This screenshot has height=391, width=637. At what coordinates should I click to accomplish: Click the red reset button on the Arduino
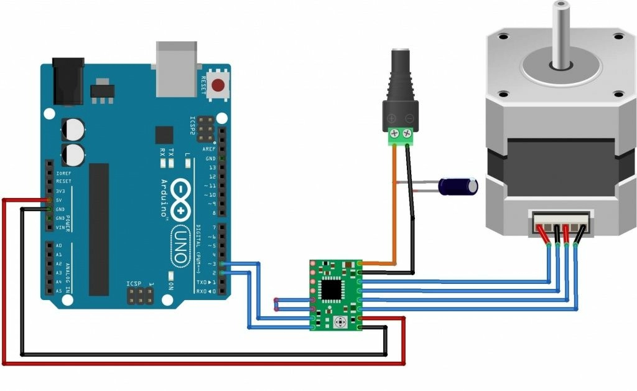coord(218,85)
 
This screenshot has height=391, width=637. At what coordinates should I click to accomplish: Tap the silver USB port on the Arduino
coord(177,68)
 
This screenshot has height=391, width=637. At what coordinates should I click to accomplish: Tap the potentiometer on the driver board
coord(340,322)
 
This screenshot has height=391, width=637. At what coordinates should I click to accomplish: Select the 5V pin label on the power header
coord(58,200)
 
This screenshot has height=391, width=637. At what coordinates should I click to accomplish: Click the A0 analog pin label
coord(58,246)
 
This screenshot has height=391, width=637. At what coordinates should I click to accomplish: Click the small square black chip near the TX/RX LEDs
coord(164,135)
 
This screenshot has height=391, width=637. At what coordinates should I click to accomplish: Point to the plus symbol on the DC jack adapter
coord(391,119)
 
